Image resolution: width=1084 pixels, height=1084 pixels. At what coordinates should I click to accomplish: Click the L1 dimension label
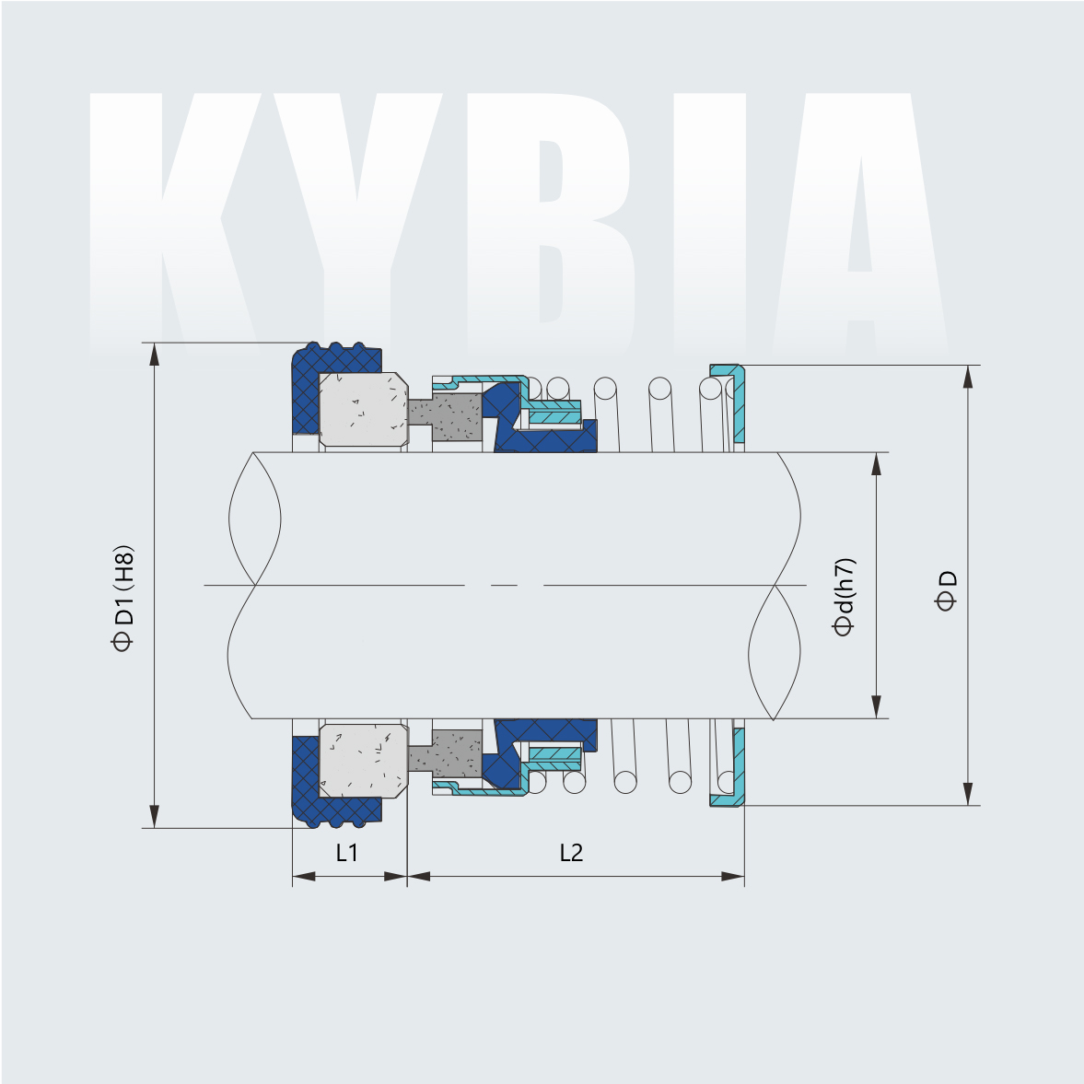click(346, 853)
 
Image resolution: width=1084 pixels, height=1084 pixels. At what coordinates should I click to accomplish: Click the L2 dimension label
click(571, 853)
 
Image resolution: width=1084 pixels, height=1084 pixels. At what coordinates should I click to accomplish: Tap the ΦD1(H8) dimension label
click(123, 598)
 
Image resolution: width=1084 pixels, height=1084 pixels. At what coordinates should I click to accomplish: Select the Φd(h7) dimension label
click(844, 597)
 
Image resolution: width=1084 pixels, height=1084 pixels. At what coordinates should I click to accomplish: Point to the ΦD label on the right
click(946, 590)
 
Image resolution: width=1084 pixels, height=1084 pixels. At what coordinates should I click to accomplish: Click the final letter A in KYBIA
click(861, 221)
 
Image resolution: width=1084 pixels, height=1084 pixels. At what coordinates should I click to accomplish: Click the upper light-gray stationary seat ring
click(363, 409)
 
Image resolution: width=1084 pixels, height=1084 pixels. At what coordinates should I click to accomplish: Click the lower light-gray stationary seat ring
click(363, 761)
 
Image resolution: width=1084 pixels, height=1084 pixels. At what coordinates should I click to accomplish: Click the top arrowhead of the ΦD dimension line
click(968, 377)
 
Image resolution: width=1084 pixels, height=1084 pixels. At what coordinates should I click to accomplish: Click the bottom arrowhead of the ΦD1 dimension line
click(155, 816)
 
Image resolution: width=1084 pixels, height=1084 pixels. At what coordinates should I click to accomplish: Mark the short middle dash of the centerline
click(504, 585)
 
